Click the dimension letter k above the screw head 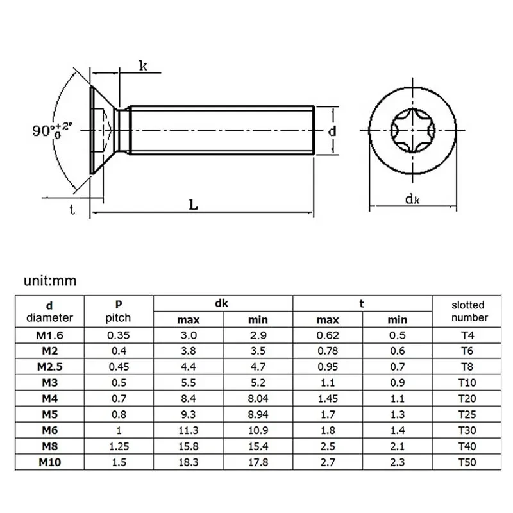[144, 65]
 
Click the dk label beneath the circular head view [412, 199]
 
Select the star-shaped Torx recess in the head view [412, 131]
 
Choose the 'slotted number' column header [468, 311]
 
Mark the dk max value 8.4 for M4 [189, 398]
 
